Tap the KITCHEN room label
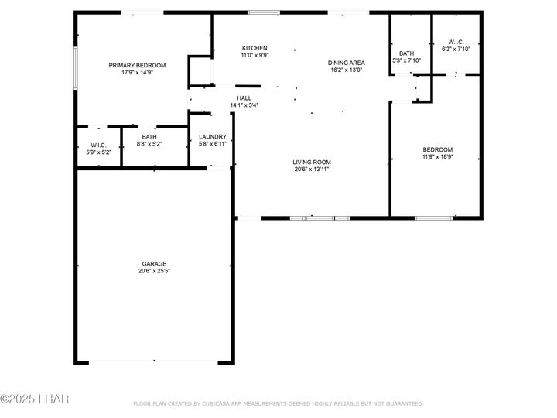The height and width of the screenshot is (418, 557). (x=255, y=48)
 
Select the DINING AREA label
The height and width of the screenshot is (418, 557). (x=346, y=63)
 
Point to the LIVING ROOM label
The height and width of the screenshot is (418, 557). (x=312, y=163)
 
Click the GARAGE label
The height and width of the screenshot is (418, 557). (x=154, y=264)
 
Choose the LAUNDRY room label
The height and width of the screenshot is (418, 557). (x=212, y=136)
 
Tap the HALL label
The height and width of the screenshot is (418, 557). (x=244, y=98)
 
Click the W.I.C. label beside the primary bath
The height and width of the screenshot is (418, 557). (x=98, y=145)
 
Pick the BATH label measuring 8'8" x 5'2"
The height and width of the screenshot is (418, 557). (x=149, y=136)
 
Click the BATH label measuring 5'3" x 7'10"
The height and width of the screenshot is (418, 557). (x=406, y=53)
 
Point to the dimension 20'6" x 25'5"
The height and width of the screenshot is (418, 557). (x=154, y=272)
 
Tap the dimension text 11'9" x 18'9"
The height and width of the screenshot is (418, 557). (x=437, y=157)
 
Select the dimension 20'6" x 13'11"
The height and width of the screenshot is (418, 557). (x=312, y=170)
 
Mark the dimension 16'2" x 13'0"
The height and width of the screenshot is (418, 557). (x=346, y=70)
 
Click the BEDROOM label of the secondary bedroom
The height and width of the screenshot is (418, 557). (x=437, y=149)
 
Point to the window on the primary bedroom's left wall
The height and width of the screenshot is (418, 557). (x=75, y=68)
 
